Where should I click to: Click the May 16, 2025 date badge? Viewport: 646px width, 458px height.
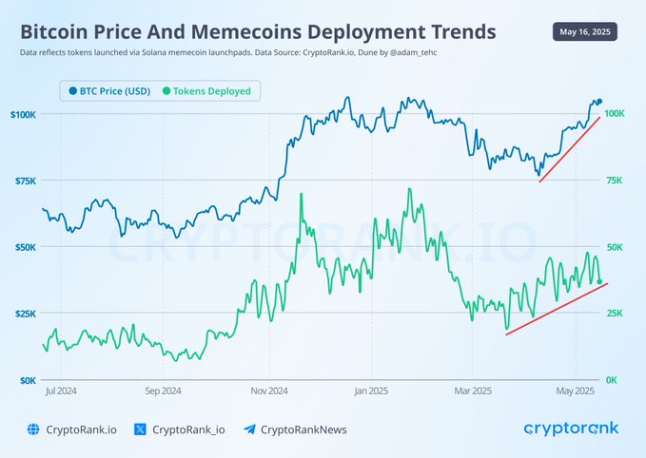click(584, 31)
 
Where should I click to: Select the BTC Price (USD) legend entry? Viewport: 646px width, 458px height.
click(109, 91)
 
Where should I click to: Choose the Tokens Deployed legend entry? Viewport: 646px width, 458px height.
click(206, 91)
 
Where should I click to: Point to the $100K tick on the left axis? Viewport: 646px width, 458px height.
click(23, 114)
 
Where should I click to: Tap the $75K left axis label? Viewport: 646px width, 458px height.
click(26, 181)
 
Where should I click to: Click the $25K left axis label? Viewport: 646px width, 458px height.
click(26, 314)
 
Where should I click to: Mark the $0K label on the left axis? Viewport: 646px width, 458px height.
click(28, 381)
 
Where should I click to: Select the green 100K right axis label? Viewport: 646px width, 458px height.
click(615, 114)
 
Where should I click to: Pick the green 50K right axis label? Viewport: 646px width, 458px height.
click(615, 247)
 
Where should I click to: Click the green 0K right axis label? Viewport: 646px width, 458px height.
click(612, 380)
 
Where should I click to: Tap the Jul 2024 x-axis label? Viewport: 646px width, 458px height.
click(61, 391)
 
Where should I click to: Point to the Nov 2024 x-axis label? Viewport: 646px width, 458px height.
click(269, 391)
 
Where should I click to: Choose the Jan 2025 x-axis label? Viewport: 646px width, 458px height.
click(371, 391)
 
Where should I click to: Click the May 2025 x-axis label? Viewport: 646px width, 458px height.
click(576, 391)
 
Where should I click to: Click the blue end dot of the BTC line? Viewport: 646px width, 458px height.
click(599, 102)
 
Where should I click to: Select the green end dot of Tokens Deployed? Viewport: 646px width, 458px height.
click(599, 282)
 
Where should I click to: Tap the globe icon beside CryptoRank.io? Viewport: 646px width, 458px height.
click(33, 429)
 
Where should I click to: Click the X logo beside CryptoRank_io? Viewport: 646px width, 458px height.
click(140, 429)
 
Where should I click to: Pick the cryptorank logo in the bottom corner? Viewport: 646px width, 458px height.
click(571, 429)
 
